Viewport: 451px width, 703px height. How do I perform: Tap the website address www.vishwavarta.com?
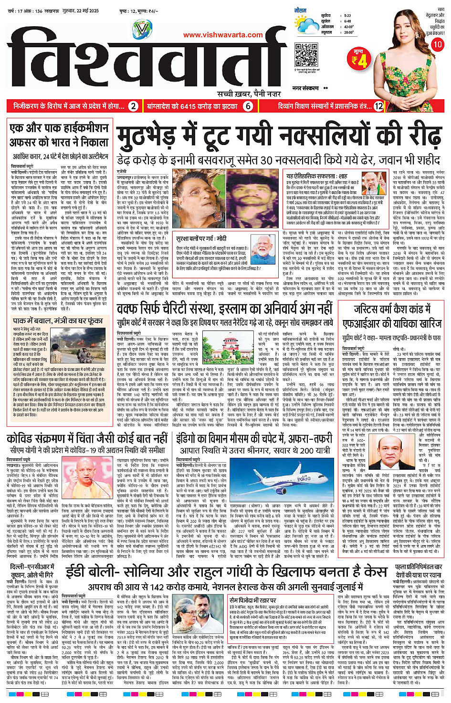pyautogui.click(x=223, y=35)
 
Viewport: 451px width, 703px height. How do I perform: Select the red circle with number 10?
pyautogui.click(x=437, y=44)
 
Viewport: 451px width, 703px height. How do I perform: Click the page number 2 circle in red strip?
pyautogui.click(x=134, y=106)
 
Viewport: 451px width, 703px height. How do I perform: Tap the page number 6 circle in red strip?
pyautogui.click(x=248, y=106)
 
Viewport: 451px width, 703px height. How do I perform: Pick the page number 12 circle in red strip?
pyautogui.click(x=378, y=106)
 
